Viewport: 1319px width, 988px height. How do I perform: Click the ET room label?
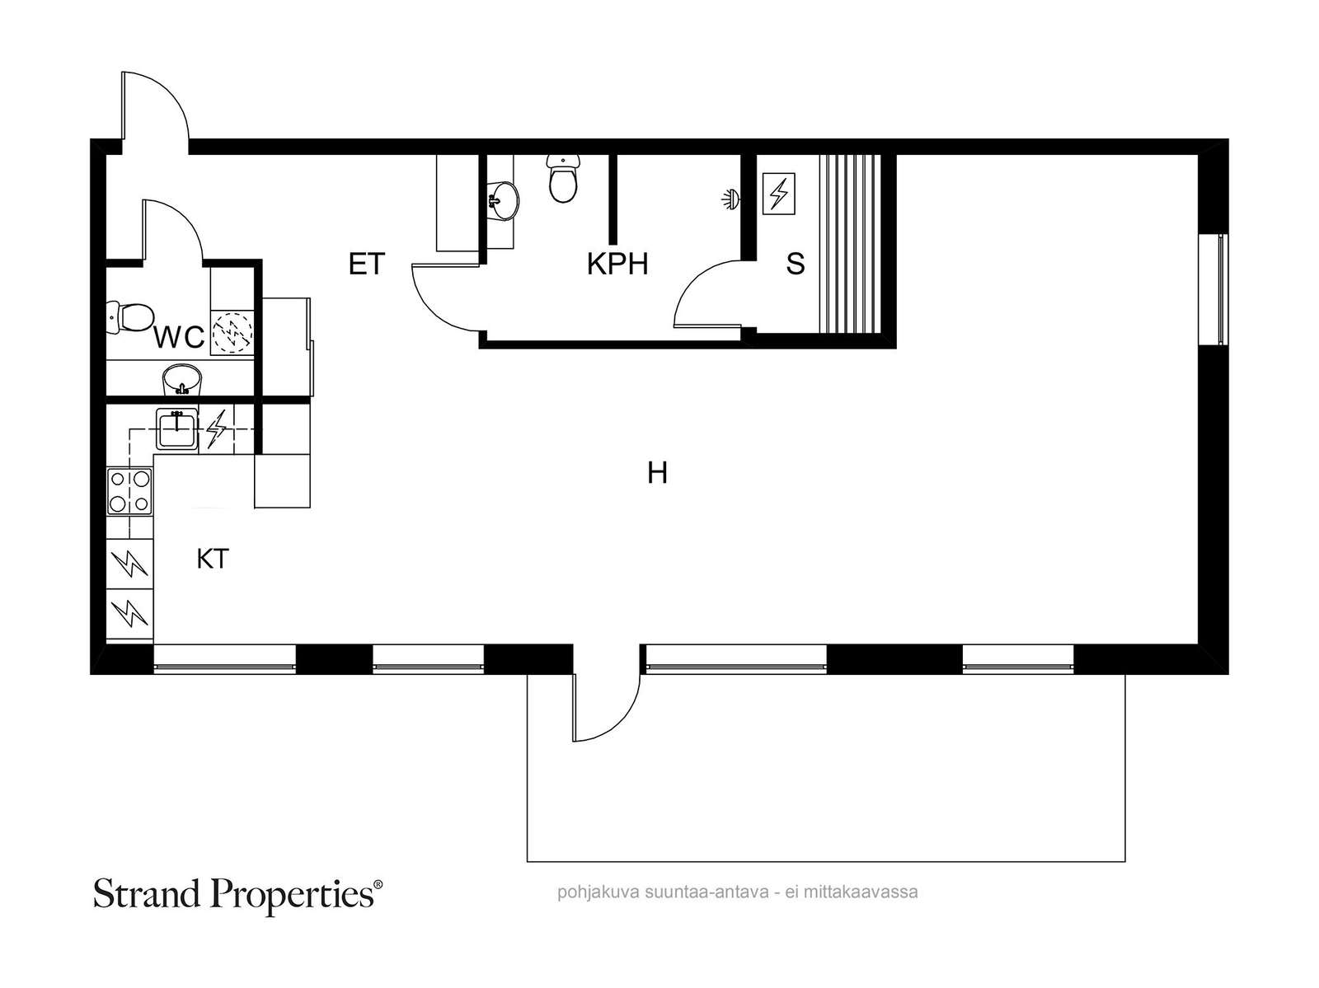click(367, 265)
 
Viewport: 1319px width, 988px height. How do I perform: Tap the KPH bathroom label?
click(617, 265)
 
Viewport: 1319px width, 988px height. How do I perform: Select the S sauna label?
click(795, 265)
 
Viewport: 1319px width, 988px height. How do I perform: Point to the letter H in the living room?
click(657, 473)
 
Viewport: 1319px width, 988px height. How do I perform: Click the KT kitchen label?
click(213, 560)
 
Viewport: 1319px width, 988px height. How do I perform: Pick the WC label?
click(179, 338)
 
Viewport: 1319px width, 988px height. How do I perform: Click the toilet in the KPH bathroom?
click(563, 178)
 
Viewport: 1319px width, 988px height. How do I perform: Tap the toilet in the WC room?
click(130, 317)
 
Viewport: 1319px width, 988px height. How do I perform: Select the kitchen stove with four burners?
click(129, 492)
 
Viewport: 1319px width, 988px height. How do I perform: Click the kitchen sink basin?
click(176, 428)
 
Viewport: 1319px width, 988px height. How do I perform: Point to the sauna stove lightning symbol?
click(779, 194)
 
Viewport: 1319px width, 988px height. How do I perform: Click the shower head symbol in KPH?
click(730, 199)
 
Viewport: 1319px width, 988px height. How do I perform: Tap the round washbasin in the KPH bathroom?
click(504, 200)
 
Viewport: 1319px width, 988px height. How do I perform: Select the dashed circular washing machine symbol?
click(233, 332)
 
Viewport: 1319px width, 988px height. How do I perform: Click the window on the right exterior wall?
click(1213, 289)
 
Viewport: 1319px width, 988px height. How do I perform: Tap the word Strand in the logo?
click(148, 894)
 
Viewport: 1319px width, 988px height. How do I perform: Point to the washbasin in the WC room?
click(181, 379)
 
